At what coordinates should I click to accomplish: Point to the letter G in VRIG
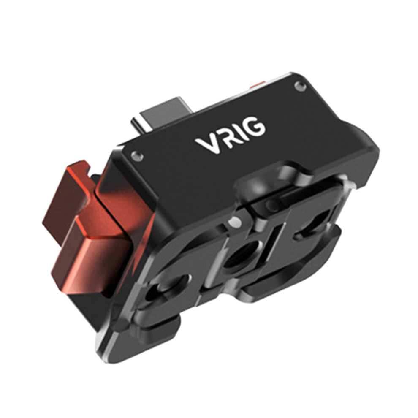(254, 126)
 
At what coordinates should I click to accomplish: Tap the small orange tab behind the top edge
(256, 85)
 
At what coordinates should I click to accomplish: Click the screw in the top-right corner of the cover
(301, 86)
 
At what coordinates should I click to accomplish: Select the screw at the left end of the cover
(136, 156)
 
